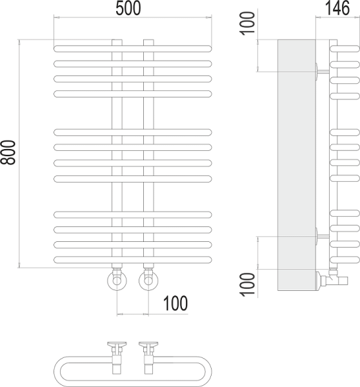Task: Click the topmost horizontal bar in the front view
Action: pyautogui.click(x=132, y=48)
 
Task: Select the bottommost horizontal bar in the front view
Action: pyautogui.click(x=132, y=259)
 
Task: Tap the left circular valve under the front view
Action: pyautogui.click(x=116, y=281)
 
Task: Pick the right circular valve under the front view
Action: pyautogui.click(x=148, y=281)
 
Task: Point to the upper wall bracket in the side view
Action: pyautogui.click(x=321, y=71)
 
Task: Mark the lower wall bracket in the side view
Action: pyautogui.click(x=321, y=236)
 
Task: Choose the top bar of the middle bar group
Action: pyautogui.click(x=132, y=132)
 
